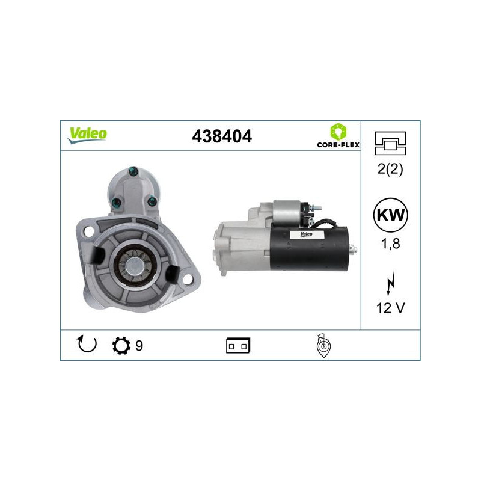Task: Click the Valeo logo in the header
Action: coord(88,135)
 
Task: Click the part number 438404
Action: coord(221,136)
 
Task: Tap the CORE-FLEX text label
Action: coord(337,145)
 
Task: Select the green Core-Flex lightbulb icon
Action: coord(337,130)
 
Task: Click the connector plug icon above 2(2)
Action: coord(390,142)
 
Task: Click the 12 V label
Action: coord(390,308)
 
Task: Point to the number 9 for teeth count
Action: coord(139,346)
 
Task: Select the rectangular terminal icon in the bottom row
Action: coord(238,346)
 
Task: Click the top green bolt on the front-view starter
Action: coord(132,173)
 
